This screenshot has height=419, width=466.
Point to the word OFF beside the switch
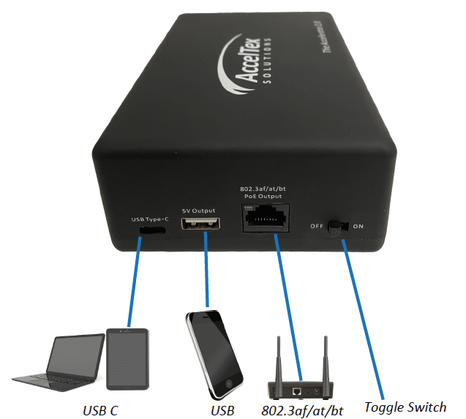click(x=316, y=227)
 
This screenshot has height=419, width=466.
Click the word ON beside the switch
click(x=358, y=227)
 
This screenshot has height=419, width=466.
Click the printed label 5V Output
click(x=200, y=209)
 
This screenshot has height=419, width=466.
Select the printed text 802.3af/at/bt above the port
click(x=263, y=188)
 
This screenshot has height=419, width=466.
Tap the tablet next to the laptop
click(x=128, y=359)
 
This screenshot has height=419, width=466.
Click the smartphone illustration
click(x=214, y=352)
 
